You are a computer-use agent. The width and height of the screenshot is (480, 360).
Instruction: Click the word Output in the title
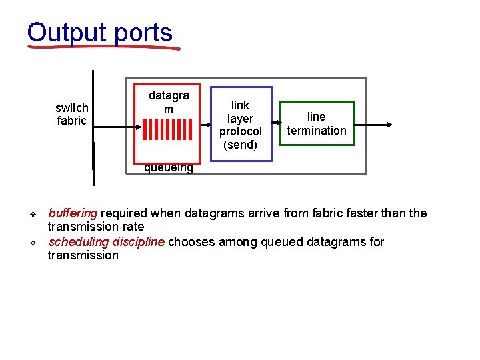click(67, 32)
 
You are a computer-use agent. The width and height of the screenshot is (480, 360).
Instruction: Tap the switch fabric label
click(71, 114)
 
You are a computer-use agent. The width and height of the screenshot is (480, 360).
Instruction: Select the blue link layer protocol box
click(241, 124)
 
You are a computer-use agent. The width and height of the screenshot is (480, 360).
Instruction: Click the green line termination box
click(317, 123)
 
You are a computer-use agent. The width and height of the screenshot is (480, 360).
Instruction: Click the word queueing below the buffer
click(169, 168)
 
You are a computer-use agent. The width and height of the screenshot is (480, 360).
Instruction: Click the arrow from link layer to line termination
click(275, 124)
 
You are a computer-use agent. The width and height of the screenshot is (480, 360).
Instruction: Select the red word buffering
click(73, 213)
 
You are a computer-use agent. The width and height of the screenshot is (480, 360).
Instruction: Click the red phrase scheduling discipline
click(106, 241)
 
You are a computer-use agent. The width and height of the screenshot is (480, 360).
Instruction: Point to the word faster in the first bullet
click(343, 213)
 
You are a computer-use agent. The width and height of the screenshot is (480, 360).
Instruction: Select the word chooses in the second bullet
click(189, 241)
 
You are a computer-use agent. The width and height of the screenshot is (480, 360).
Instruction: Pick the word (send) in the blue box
click(241, 145)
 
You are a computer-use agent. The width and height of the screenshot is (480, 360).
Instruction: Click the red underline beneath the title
click(103, 47)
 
